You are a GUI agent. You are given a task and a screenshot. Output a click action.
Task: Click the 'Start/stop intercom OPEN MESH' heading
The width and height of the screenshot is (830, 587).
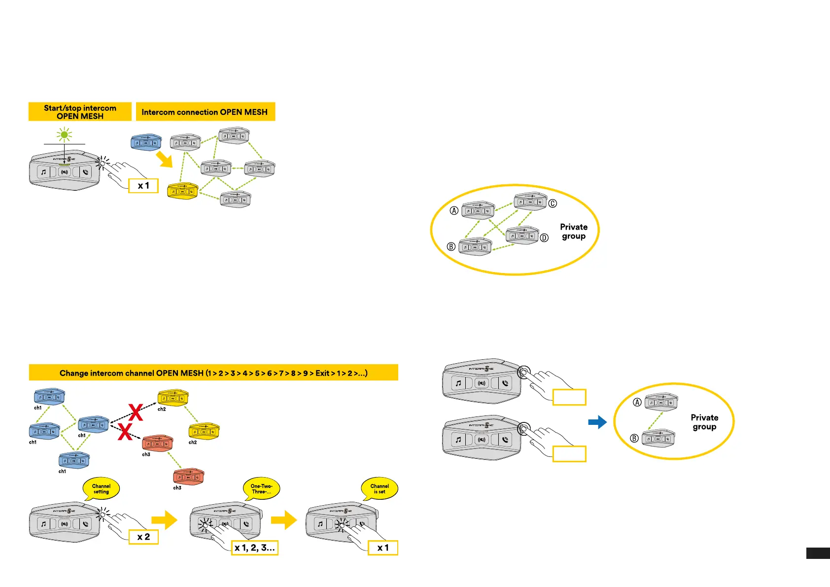pos(80,112)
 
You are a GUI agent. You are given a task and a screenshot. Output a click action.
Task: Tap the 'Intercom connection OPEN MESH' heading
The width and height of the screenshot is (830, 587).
pos(205,112)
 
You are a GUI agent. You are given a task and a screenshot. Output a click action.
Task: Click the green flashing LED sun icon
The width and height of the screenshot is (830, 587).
pos(64,135)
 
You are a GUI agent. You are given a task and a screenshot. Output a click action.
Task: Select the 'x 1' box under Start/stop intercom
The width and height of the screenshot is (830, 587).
pos(143,186)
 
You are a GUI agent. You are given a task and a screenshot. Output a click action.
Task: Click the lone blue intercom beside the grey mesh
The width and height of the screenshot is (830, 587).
pos(146,142)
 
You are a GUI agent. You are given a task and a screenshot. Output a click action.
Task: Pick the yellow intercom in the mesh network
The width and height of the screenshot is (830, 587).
pos(183,191)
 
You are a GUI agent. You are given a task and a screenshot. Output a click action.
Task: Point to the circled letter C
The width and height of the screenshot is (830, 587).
pos(553,203)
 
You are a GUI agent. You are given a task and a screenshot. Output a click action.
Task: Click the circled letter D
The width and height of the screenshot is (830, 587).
pos(544,238)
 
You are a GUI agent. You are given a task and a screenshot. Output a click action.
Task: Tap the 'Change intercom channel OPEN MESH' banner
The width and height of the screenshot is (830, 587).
pos(213,373)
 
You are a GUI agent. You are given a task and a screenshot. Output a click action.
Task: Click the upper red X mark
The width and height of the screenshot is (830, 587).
pos(136,412)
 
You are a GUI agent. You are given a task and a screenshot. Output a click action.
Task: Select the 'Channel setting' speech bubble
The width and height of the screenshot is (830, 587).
pos(101,488)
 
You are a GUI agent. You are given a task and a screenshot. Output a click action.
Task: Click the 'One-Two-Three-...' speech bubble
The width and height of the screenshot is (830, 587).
pos(261,488)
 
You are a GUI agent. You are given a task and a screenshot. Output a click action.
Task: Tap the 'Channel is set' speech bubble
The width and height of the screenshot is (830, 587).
pos(380,488)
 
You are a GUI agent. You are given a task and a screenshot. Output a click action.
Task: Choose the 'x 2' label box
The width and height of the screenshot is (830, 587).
pos(143,537)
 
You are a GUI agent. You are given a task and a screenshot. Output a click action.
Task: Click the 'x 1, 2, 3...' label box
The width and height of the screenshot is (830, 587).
pos(255,548)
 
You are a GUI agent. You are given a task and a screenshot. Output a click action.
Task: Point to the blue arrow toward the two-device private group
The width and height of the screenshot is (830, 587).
pos(597,422)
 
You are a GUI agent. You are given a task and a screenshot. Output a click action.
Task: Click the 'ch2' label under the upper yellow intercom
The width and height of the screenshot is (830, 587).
pos(162,409)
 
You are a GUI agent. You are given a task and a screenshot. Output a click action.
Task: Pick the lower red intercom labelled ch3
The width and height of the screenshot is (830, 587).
pos(188,477)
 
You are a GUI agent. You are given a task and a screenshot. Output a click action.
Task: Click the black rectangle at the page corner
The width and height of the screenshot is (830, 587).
pos(818,553)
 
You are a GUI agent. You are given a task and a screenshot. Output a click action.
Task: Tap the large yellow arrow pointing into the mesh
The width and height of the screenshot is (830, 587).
pos(164,159)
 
